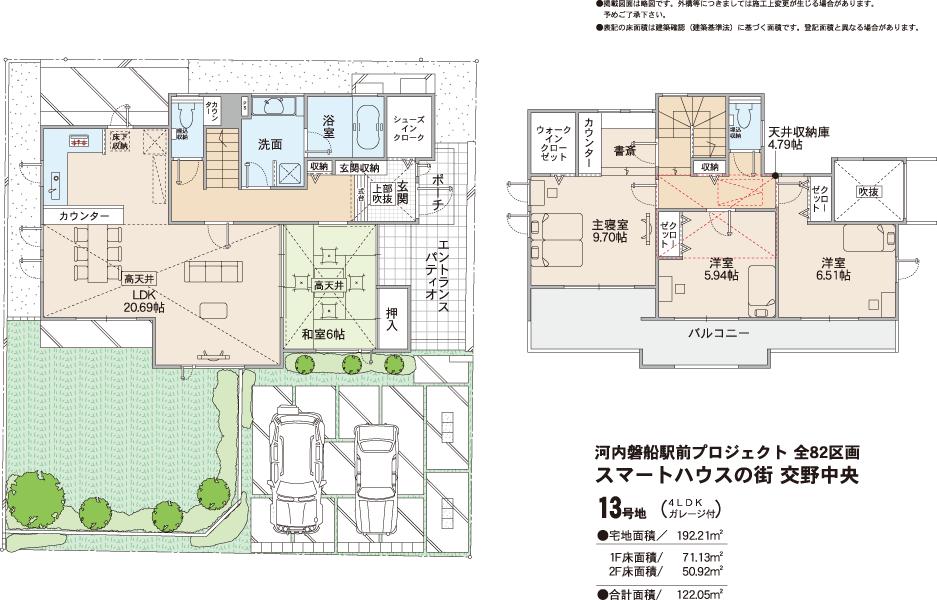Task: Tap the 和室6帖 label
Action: click(x=323, y=333)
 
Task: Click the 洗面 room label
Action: click(x=270, y=143)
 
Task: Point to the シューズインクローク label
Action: click(x=410, y=127)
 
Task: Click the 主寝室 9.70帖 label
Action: click(x=609, y=232)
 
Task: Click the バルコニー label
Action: click(x=717, y=332)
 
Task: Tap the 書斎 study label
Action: click(x=626, y=152)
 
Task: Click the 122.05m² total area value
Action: click(x=699, y=593)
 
